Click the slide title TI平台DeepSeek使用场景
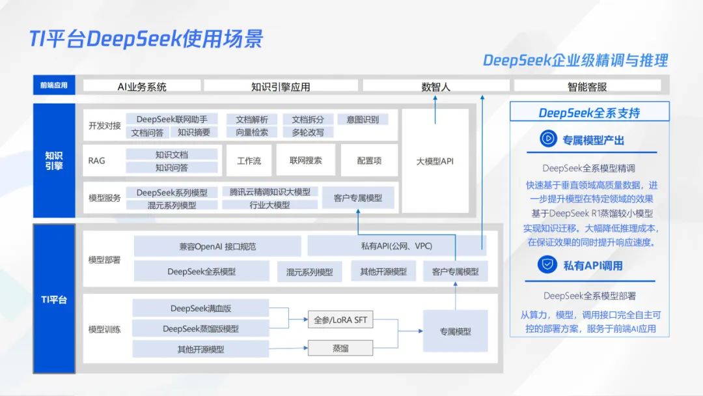[x=146, y=38]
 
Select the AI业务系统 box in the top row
[x=142, y=86]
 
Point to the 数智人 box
[x=435, y=86]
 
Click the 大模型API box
[x=435, y=161]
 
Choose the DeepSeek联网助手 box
[x=172, y=119]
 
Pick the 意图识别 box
[x=363, y=119]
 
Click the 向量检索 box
[x=252, y=132]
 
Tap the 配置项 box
[x=369, y=160]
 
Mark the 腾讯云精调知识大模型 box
[x=270, y=192]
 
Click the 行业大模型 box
[x=270, y=205]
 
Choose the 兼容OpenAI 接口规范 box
[x=217, y=246]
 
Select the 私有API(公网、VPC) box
[x=396, y=246]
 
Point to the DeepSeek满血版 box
[x=200, y=308]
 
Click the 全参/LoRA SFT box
[x=340, y=320]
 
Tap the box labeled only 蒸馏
[x=340, y=348]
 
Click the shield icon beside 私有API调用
[x=547, y=264]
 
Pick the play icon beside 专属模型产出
[x=548, y=139]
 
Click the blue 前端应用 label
[x=53, y=85]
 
